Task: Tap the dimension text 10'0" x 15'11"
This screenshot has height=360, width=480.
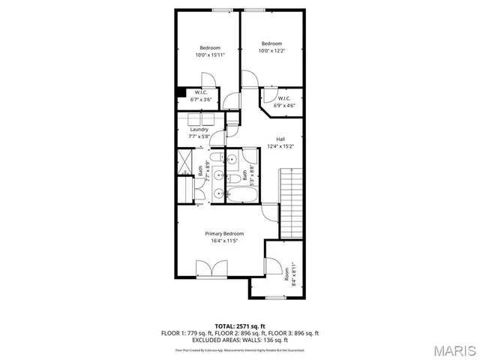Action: click(209, 55)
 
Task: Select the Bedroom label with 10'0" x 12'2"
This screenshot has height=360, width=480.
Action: click(271, 43)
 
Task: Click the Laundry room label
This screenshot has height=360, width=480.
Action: click(199, 130)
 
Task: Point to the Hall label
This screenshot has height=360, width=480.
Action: click(280, 139)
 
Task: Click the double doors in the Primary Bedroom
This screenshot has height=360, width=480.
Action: click(211, 268)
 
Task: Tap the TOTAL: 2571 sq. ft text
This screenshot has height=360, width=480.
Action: click(240, 326)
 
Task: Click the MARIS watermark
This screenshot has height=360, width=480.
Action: click(454, 350)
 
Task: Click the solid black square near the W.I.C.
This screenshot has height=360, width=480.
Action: click(180, 93)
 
